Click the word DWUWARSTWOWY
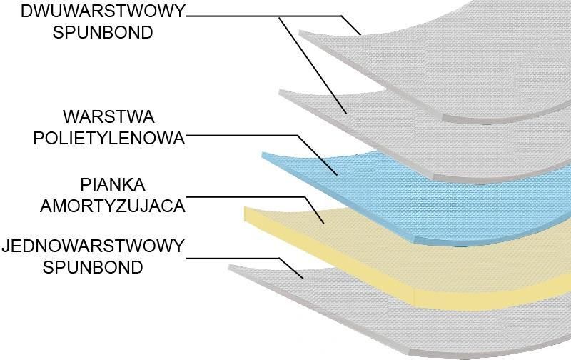103,11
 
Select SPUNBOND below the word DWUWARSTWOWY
103,32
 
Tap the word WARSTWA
109,116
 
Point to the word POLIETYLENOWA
109,138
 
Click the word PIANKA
113,184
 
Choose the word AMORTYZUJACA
113,206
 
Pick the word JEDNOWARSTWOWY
94,246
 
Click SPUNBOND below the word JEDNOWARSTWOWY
93,267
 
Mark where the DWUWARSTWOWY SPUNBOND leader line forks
279,16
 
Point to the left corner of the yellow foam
244,207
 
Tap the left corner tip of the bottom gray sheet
228,266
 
